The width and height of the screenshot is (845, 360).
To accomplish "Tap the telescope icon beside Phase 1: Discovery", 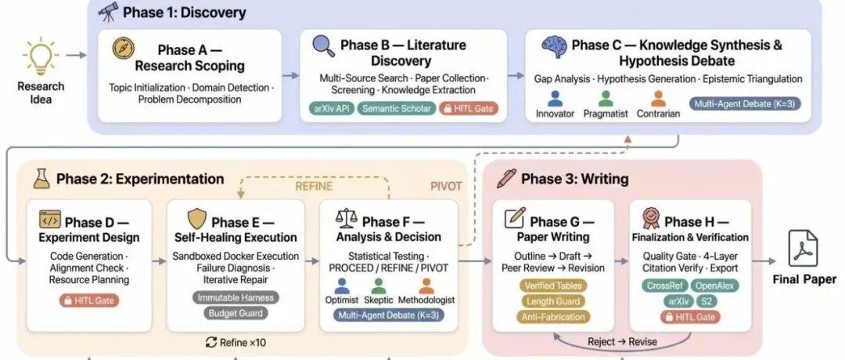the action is click(108, 12).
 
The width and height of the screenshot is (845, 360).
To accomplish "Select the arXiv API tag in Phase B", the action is click(331, 108).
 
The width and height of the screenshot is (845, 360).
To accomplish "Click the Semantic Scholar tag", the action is click(397, 108).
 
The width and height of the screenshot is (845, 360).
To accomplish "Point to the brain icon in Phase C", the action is click(554, 47).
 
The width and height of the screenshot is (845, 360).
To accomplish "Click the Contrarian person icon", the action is click(659, 99).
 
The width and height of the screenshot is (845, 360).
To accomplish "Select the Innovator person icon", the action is click(555, 99).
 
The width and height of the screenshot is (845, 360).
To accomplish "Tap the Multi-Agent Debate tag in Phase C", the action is click(745, 103).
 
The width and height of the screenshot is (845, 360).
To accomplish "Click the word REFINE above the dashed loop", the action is click(314, 186).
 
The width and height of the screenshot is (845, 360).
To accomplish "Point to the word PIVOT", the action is click(446, 186).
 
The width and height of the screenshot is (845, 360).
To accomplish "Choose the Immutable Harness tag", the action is click(236, 297).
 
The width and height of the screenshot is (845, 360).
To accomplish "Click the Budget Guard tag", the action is click(236, 314).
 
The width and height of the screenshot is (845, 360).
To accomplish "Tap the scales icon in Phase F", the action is click(347, 219).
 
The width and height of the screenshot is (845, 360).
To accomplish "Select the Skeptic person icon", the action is click(379, 286).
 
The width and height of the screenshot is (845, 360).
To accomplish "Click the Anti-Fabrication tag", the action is click(553, 317).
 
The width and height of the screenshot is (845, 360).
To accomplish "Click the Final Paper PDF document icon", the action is click(803, 248).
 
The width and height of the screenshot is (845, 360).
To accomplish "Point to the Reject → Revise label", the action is click(624, 342).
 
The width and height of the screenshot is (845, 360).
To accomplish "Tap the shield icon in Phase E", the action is click(196, 219).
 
